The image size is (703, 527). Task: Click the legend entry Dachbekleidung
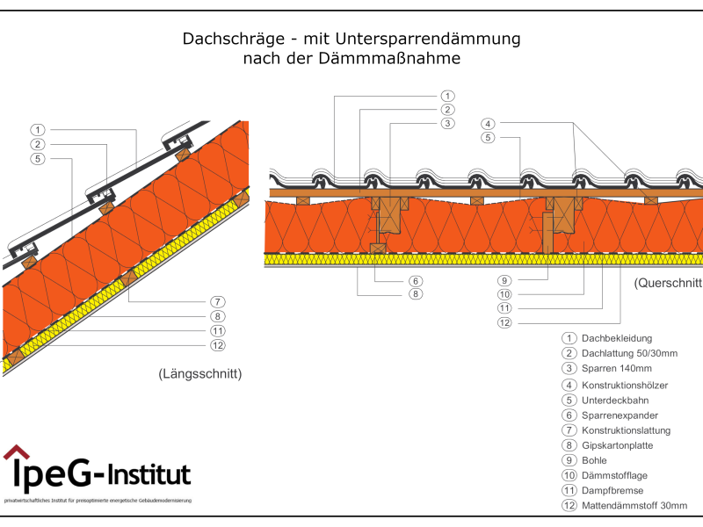click(616, 338)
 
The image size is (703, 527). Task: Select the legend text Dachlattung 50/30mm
click(629, 353)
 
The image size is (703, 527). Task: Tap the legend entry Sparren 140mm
click(617, 368)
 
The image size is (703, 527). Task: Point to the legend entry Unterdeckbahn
click(615, 400)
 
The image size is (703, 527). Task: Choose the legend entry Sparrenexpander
click(620, 415)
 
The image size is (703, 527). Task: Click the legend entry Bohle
click(594, 459)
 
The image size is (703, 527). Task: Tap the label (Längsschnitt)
click(200, 374)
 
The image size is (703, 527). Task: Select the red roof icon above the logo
click(16, 451)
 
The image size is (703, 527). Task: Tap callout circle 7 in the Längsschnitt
click(219, 301)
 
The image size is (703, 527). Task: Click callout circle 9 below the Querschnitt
click(504, 281)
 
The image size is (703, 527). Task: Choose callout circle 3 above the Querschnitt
click(447, 124)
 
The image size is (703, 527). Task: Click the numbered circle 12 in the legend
click(569, 506)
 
